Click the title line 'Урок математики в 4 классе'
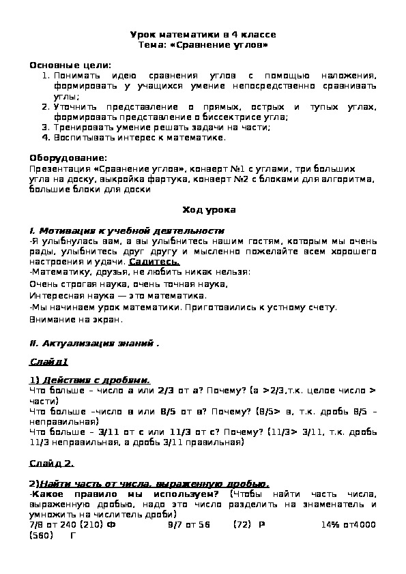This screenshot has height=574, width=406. coord(203,35)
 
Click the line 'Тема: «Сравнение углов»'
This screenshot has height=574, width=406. coord(203,44)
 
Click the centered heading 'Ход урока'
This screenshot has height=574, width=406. coord(203,210)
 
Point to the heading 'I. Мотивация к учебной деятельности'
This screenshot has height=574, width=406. coord(127,230)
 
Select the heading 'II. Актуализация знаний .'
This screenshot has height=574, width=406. coord(95,343)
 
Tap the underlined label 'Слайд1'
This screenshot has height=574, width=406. coord(49,362)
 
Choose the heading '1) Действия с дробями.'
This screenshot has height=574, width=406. coord(90,380)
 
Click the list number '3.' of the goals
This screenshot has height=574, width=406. coord(46,127)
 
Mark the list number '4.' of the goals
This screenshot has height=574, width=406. coord(46,137)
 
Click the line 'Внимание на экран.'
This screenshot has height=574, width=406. coord(76,318)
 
